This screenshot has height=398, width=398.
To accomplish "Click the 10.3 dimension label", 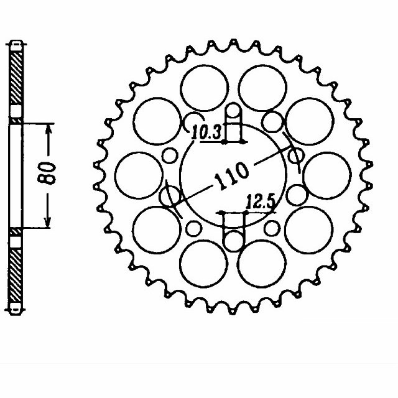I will point(203,132).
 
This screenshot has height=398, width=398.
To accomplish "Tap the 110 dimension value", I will point(231,176).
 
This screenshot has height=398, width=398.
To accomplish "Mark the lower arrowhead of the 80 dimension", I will point(48,223).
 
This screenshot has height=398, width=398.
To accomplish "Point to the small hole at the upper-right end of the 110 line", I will point(295,155).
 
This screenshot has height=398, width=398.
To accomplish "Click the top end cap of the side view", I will point(17,45).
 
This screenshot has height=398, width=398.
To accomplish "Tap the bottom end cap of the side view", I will point(17,308).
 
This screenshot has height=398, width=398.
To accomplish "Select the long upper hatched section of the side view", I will point(17,78).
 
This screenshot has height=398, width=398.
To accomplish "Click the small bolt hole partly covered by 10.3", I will point(193,121).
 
